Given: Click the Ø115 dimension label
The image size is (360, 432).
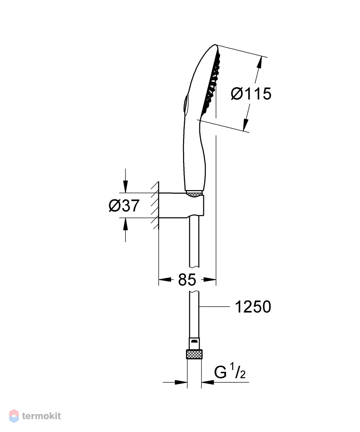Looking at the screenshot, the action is click(x=251, y=94).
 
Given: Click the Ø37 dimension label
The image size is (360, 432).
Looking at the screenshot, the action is click(x=124, y=206).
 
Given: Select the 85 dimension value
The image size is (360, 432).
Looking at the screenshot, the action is click(x=187, y=280).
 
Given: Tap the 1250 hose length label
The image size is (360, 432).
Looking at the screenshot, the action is click(x=253, y=307).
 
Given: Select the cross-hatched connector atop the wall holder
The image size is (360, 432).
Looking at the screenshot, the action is click(x=194, y=194).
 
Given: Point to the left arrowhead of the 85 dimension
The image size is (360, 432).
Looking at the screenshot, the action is click(x=165, y=280).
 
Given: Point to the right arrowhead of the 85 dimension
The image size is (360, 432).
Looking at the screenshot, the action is click(x=210, y=280).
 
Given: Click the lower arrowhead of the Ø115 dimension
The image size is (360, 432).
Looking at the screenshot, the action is click(x=246, y=125).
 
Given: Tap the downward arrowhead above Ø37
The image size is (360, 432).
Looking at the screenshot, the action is click(x=125, y=186).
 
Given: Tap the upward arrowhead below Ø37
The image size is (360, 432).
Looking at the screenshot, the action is click(x=125, y=224).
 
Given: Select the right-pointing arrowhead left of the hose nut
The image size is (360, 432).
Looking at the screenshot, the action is click(x=181, y=382).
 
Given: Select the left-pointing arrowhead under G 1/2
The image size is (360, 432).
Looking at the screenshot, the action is click(x=208, y=382).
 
